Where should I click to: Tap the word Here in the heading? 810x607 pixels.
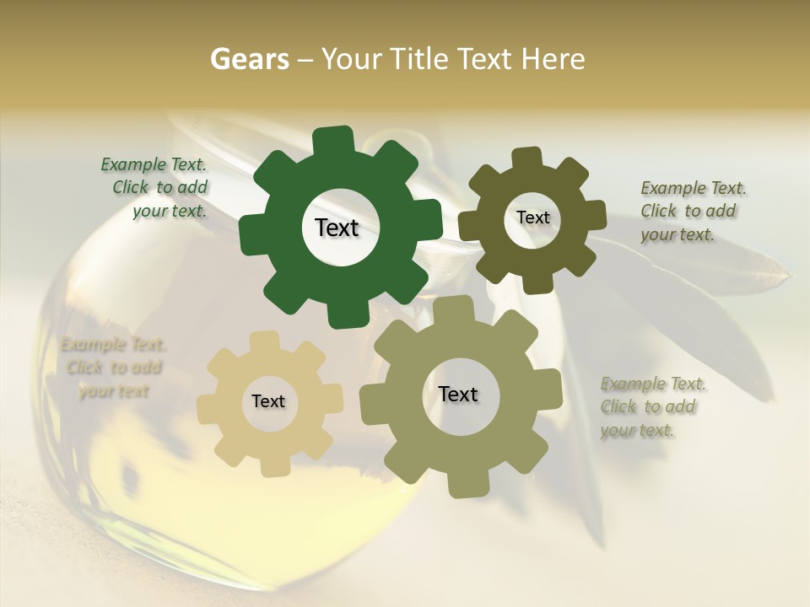(x=553, y=59)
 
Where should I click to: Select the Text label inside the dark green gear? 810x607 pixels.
(x=337, y=228)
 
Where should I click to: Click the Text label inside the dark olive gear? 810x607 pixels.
(x=532, y=218)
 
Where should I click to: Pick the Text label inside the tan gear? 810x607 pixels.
(x=268, y=402)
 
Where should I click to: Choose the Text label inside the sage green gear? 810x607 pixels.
(x=458, y=395)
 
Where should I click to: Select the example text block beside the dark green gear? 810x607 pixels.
(x=157, y=188)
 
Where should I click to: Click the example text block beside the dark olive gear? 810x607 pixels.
(x=692, y=211)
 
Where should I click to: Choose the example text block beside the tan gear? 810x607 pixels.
(x=112, y=368)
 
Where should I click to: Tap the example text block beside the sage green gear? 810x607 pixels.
(x=651, y=407)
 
